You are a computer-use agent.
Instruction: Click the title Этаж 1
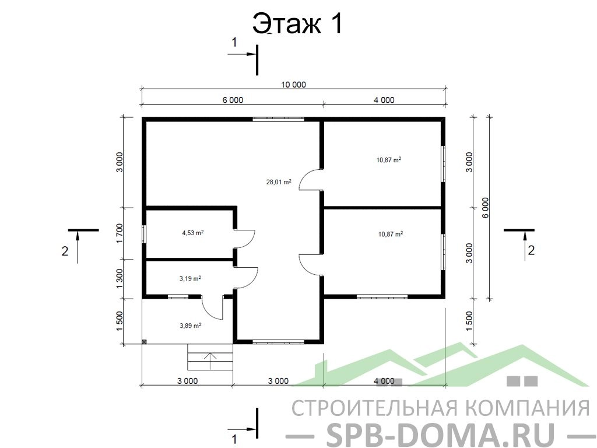(298, 23)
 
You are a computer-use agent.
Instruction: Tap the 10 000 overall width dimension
(293, 85)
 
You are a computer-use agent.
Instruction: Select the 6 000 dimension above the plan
(233, 100)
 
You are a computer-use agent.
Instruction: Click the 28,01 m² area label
(279, 182)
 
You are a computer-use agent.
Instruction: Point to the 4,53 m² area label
(192, 232)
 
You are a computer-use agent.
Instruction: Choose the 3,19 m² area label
(190, 278)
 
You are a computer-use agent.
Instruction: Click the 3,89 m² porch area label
(190, 325)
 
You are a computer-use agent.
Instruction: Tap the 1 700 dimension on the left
(120, 233)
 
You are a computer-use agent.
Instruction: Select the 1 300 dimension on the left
(120, 279)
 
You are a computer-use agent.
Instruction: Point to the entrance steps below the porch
(210, 357)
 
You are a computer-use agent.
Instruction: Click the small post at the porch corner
(145, 342)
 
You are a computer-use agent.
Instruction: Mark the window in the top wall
(278, 119)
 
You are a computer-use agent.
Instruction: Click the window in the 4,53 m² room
(144, 233)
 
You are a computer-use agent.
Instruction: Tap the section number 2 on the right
(531, 250)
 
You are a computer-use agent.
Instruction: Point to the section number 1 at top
(234, 42)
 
